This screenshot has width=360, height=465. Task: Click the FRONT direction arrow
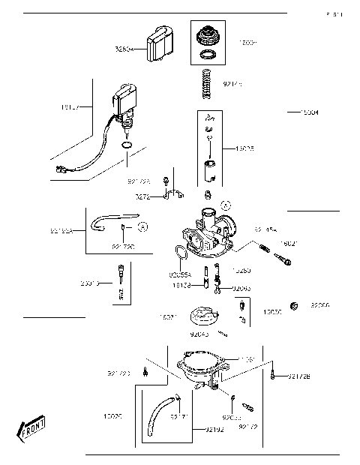pyautogui.click(x=31, y=430)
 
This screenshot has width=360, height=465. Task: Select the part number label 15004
pyautogui.click(x=308, y=112)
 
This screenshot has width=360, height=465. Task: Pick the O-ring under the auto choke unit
pyautogui.click(x=127, y=145)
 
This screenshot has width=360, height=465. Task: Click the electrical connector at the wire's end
pyautogui.click(x=58, y=170)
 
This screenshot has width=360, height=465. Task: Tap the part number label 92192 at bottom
pyautogui.click(x=195, y=430)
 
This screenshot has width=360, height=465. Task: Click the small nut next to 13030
pyautogui.click(x=295, y=306)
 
